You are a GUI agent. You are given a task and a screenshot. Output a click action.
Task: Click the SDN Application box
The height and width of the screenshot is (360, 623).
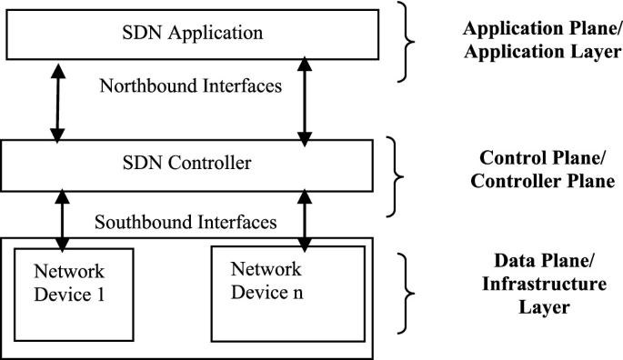tap(192, 34)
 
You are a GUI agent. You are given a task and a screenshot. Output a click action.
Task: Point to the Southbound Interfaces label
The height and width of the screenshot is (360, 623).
tap(186, 221)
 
